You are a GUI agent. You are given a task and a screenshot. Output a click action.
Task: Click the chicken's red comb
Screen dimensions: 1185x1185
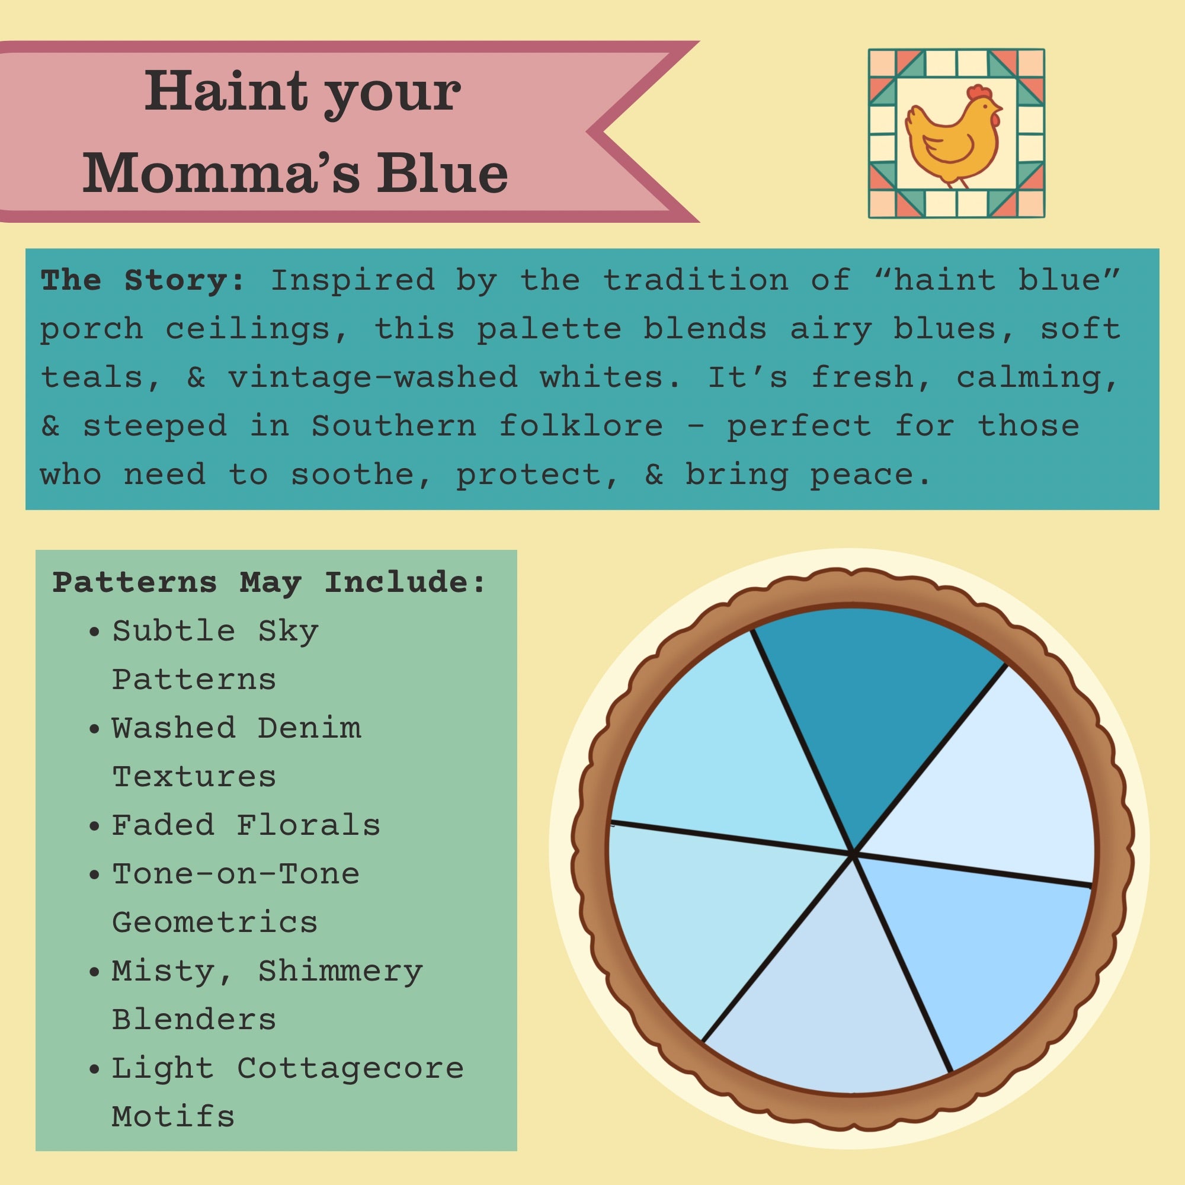pos(979,92)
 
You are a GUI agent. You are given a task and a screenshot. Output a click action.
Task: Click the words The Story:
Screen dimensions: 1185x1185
pos(142,280)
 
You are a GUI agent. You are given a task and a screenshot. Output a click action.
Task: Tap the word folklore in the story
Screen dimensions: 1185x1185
pos(581,425)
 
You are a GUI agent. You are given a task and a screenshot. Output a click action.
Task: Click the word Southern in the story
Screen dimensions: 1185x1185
pos(394,425)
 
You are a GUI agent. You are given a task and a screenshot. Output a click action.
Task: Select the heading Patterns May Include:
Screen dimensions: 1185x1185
pos(269,581)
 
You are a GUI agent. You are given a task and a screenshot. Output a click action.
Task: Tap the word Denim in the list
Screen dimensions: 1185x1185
pos(309,728)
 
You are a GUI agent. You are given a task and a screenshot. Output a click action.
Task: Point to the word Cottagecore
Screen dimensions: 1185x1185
pos(350,1068)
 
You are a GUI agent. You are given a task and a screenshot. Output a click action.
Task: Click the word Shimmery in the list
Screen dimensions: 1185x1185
pos(341,971)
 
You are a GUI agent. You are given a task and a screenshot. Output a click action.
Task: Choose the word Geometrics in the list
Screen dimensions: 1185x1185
pos(214,922)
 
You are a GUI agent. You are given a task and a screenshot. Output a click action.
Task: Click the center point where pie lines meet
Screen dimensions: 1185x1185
pos(853,853)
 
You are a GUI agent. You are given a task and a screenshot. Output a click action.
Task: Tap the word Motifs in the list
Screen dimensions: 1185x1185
pos(174,1116)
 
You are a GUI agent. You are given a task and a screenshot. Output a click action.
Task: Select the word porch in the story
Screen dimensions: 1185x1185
pos(92,329)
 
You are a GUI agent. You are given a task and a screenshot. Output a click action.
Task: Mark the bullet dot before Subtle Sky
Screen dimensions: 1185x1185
pos(94,632)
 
